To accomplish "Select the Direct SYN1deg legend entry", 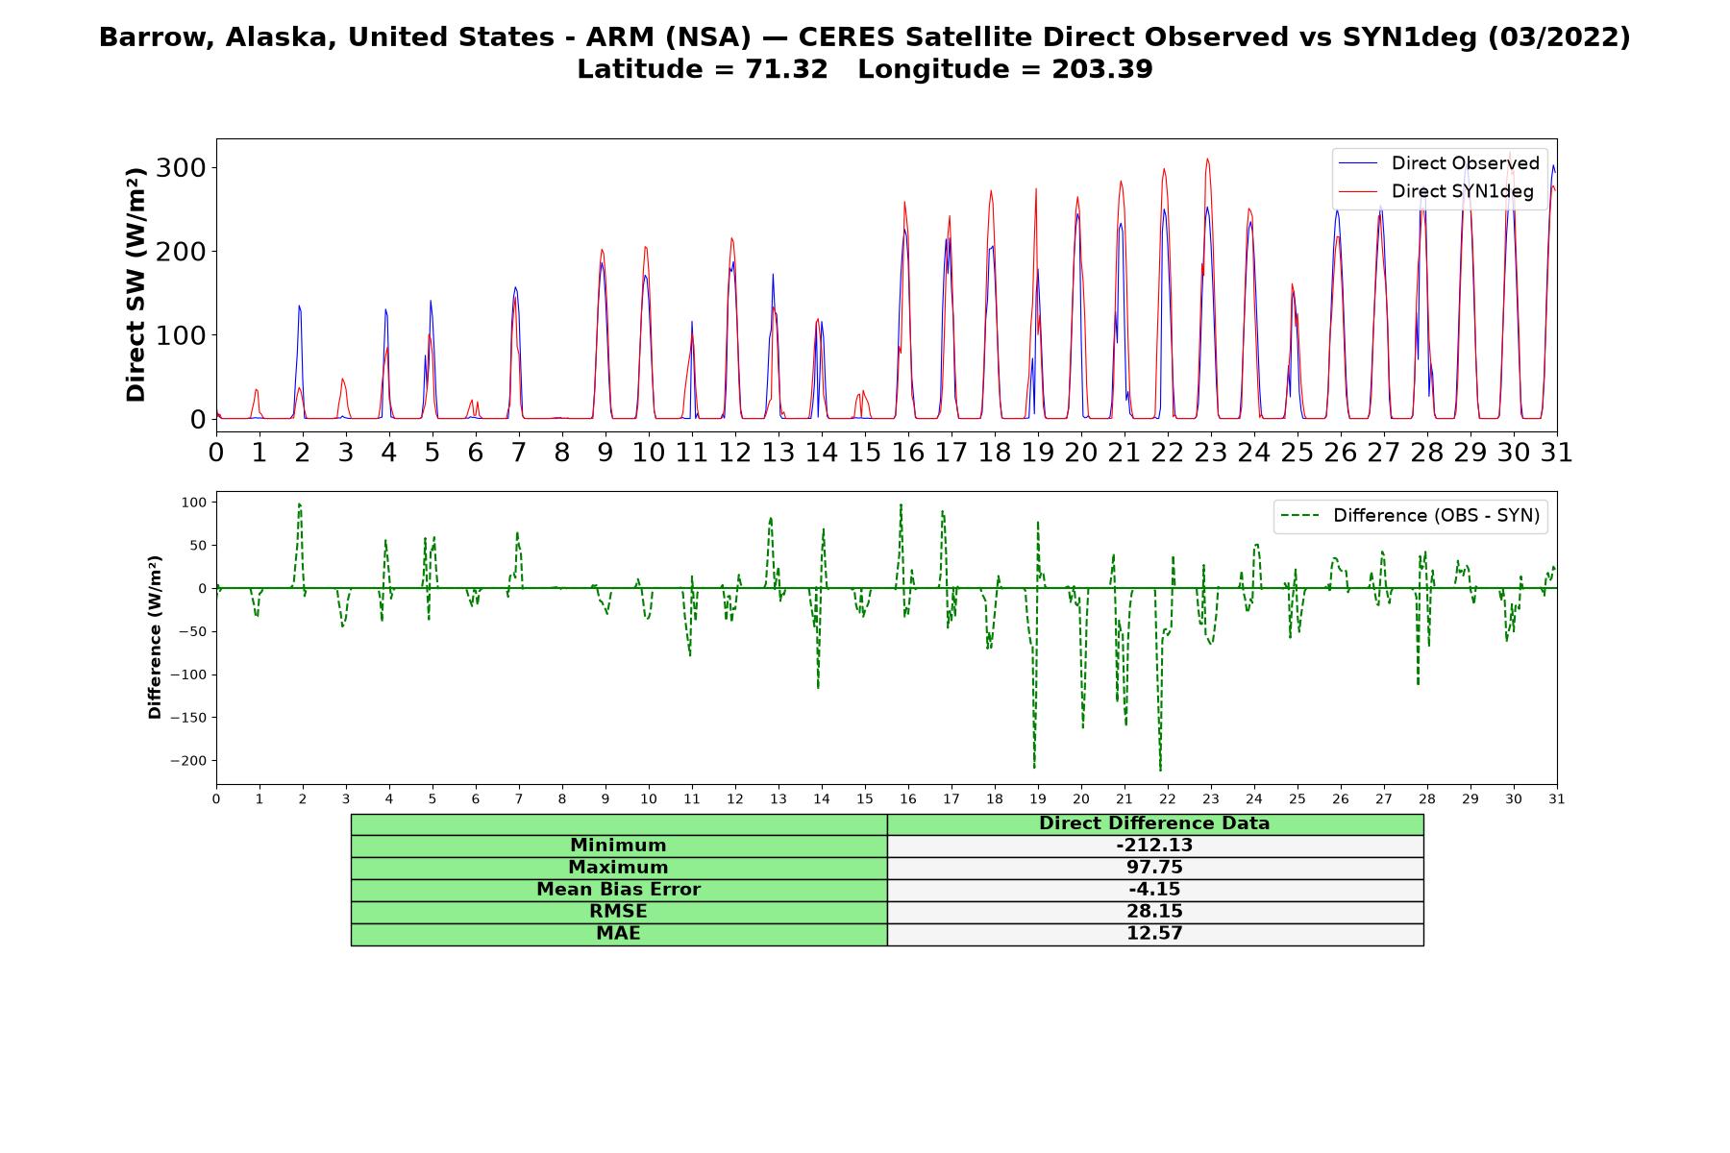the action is coord(1436,191).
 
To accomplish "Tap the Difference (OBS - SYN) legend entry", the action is coord(1410,516).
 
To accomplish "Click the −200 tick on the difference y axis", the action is coord(189,761).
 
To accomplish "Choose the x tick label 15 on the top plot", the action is coord(864,452).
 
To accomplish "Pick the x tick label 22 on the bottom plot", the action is coord(1167,799).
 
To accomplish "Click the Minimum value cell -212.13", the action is coord(1154,846).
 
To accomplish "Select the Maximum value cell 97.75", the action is coord(1154,868).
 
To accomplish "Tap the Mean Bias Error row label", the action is coord(618,890).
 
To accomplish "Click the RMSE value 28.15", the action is coord(1154,912).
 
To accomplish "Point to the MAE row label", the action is coord(618,934).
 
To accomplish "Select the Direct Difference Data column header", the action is coord(1154,823).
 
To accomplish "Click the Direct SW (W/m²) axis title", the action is coord(136,284).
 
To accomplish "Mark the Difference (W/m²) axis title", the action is coord(155,637).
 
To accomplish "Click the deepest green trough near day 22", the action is coord(1160,770).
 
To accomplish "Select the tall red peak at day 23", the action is coord(1207,160).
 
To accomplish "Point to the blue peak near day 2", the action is coord(299,307).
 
